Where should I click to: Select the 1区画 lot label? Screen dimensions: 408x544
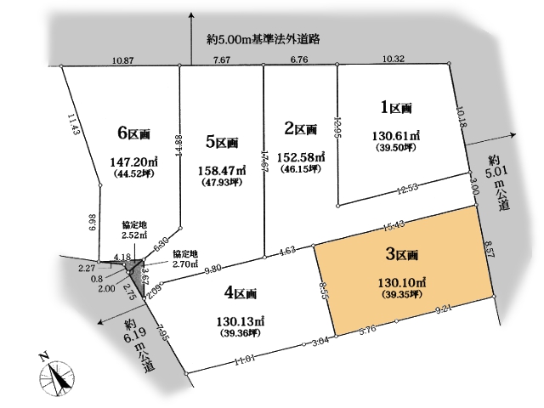(x=395, y=108)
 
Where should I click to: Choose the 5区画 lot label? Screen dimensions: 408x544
(x=222, y=142)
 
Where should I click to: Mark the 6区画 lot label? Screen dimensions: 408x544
(x=134, y=133)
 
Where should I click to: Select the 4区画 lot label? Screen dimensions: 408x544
(x=241, y=294)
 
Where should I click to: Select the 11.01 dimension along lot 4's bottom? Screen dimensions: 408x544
(x=246, y=360)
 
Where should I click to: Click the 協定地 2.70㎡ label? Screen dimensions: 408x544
(x=187, y=258)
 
